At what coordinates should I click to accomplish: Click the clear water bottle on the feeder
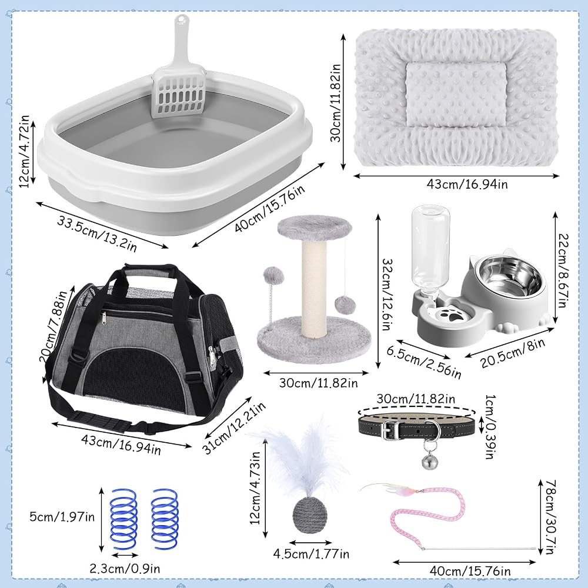coord(430,249)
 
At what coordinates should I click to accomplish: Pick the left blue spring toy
coord(123,519)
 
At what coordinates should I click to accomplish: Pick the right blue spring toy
coord(164,519)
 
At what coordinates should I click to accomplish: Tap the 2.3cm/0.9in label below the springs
coord(125,569)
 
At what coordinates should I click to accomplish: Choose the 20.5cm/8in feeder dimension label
coord(513,353)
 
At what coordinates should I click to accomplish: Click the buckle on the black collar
coord(388,429)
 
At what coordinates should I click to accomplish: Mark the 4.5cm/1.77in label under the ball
coord(311,554)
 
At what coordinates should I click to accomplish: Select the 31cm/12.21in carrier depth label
coord(234,428)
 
